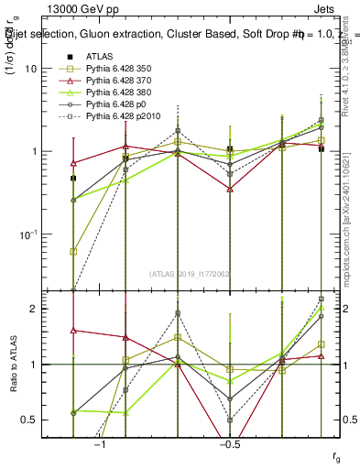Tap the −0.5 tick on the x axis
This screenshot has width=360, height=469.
[229, 444]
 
